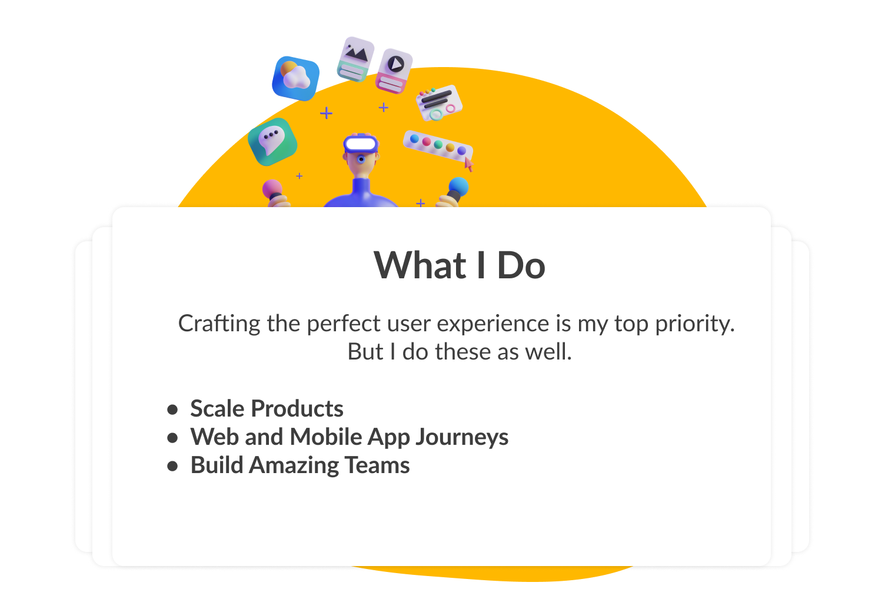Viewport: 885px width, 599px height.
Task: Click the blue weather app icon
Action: click(x=296, y=78)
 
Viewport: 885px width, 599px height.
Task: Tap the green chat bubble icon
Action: click(x=272, y=141)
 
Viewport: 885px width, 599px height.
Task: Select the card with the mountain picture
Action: click(x=355, y=59)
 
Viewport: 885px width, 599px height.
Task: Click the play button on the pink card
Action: click(x=396, y=64)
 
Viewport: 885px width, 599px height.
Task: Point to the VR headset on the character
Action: click(x=360, y=144)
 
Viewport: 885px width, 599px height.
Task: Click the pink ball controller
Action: click(x=272, y=189)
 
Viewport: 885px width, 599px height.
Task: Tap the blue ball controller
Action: click(x=458, y=187)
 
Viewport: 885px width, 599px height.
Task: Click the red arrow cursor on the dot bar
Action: click(x=469, y=164)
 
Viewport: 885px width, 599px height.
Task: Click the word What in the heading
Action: click(x=420, y=265)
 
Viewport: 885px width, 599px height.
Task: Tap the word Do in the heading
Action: click(x=521, y=265)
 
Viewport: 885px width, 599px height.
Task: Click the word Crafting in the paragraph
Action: click(x=219, y=324)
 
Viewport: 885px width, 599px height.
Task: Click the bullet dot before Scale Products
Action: click(x=172, y=410)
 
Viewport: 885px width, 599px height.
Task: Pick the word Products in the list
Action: click(x=297, y=408)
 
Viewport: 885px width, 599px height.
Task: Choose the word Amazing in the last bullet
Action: click(x=294, y=466)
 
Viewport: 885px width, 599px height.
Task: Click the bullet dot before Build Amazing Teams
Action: click(x=172, y=466)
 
